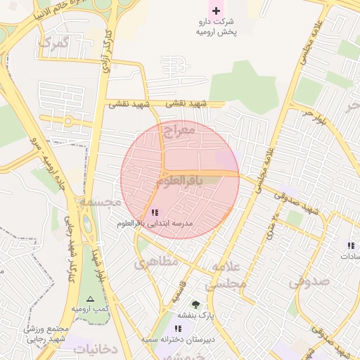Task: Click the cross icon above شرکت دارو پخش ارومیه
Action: point(216,11)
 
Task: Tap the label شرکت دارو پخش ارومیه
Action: point(217,27)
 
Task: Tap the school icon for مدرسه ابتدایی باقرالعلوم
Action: point(155,212)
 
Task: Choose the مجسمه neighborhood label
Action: point(100,202)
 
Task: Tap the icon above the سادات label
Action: point(349,245)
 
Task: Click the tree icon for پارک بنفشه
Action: point(195,304)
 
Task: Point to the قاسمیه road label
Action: point(185,290)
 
